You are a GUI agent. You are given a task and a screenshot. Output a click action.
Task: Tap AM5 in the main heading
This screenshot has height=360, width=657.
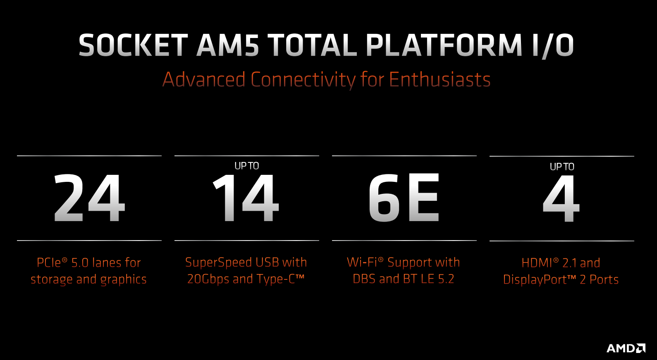click(x=227, y=45)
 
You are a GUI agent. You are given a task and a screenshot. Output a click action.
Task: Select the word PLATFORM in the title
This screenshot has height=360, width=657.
click(x=444, y=45)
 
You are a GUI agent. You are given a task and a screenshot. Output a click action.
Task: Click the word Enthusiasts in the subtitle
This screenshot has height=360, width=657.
click(x=440, y=79)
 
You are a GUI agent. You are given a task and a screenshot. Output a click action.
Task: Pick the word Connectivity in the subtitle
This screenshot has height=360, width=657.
click(x=303, y=80)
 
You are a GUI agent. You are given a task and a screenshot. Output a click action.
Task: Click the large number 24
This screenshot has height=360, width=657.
click(x=89, y=198)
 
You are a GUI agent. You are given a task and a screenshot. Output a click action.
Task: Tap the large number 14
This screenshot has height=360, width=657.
click(x=246, y=198)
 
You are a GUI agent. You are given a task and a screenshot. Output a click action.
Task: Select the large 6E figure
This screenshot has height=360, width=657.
click(x=404, y=198)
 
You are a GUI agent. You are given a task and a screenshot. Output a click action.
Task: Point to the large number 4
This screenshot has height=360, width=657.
click(x=561, y=198)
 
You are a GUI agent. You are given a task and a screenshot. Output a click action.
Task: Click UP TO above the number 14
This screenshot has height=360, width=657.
click(x=247, y=166)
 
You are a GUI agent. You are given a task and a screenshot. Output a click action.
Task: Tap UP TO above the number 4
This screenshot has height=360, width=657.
click(x=562, y=167)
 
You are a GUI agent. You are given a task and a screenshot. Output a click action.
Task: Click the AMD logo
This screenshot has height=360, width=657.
click(x=626, y=348)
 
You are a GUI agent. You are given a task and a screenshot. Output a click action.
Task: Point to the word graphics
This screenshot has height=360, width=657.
click(x=123, y=280)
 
